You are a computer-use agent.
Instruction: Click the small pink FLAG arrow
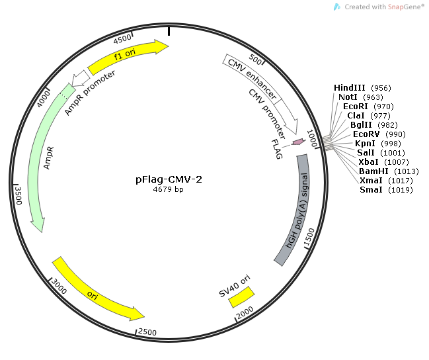click(x=298, y=142)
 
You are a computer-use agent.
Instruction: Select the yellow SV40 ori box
click(x=241, y=297)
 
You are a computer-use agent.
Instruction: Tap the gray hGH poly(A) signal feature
click(x=294, y=210)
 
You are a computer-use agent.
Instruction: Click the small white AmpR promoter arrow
click(x=81, y=78)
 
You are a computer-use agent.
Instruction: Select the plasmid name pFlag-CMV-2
click(x=169, y=179)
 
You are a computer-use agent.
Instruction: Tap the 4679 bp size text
click(x=169, y=189)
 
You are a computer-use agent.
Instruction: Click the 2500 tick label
click(x=147, y=332)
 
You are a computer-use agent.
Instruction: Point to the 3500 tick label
click(x=19, y=195)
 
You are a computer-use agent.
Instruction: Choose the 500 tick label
click(x=255, y=60)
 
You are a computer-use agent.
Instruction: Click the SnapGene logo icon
click(x=337, y=7)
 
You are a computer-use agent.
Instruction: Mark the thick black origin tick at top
click(x=169, y=30)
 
